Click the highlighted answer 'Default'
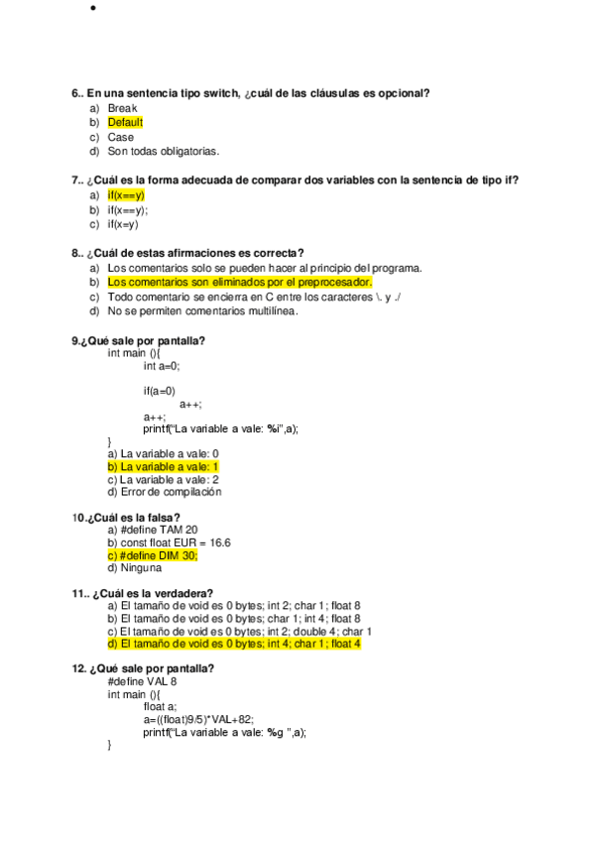(125, 122)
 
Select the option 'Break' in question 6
(122, 107)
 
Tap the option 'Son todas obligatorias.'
(163, 152)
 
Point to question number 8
(76, 253)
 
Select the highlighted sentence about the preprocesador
(239, 282)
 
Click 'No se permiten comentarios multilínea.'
(203, 311)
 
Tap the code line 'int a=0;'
(162, 366)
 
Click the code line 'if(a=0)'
(160, 391)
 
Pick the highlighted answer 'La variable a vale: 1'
(163, 466)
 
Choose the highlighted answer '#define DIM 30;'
(153, 555)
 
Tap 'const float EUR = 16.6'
(169, 542)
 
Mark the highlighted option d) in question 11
(234, 644)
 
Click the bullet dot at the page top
(91, 10)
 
